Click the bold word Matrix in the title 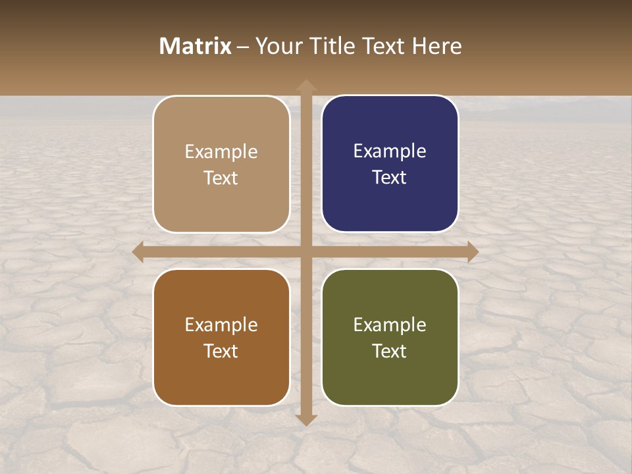coord(196,46)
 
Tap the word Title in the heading coord(333,46)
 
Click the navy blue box coord(390,164)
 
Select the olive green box coord(390,338)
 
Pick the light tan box coord(221,164)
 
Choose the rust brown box coord(221,338)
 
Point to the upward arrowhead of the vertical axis coord(305,86)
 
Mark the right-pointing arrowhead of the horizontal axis coord(472,252)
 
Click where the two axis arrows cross coord(305,252)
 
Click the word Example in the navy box coord(390,151)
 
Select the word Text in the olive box coord(390,351)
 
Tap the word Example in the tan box coord(221,152)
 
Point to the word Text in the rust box coord(221,351)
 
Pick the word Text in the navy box coord(390,177)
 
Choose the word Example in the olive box coord(390,325)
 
